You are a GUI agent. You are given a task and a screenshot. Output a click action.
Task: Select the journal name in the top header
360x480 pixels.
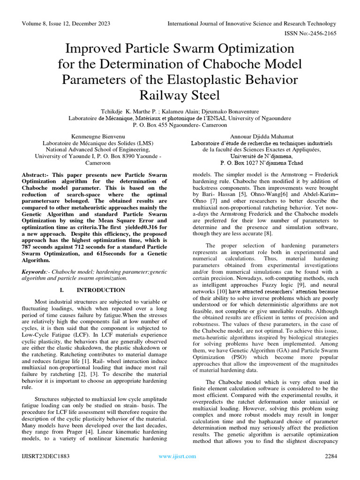(x=252, y=24)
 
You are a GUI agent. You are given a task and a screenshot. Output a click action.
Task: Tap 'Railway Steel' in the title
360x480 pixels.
(x=180, y=95)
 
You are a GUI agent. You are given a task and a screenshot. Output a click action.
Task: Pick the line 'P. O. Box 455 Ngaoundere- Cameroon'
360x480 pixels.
(x=180, y=125)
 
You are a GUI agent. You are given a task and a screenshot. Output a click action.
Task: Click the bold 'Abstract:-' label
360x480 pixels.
(x=38, y=174)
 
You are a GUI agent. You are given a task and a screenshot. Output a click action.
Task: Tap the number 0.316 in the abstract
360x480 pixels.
(x=132, y=227)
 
